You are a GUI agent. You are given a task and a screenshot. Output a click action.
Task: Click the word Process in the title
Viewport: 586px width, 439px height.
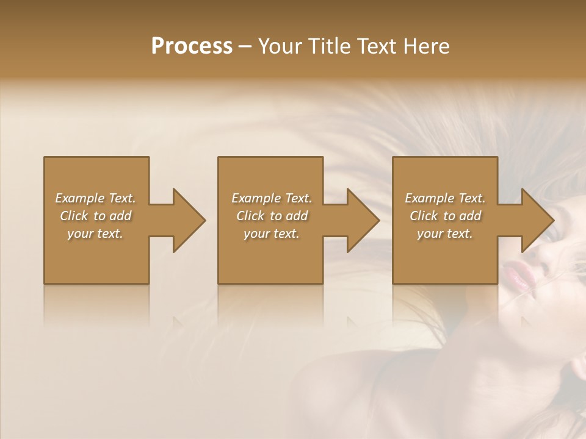pos(192,46)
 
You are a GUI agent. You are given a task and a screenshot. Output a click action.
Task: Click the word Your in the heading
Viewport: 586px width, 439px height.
pos(280,46)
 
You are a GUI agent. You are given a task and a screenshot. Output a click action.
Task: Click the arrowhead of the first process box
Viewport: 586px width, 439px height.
pos(186,220)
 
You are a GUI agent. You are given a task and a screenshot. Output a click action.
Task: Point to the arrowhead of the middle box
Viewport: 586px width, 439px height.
pos(361,220)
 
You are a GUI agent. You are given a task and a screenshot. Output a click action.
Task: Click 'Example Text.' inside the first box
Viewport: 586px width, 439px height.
pos(95,198)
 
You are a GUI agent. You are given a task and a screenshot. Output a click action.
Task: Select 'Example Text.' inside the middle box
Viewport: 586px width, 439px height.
pos(272,198)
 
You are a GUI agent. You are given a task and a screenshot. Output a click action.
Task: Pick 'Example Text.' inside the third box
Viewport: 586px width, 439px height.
pos(445,198)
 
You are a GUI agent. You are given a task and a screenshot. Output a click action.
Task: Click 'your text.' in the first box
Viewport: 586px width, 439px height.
pos(95,234)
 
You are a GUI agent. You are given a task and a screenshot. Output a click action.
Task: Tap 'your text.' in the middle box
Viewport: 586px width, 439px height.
pos(272,234)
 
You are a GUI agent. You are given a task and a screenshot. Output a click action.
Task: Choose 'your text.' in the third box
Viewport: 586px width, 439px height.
pos(445,234)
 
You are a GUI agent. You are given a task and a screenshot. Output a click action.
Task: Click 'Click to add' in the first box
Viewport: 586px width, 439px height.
pos(95,216)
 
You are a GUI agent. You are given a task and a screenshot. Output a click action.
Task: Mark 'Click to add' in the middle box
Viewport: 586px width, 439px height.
pos(272,216)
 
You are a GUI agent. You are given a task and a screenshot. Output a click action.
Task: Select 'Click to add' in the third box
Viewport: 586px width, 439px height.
pos(445,216)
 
